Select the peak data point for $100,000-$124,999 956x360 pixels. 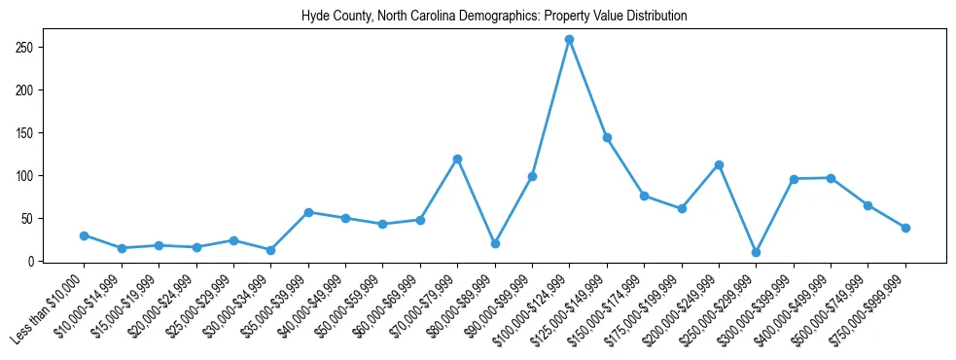pos(569,40)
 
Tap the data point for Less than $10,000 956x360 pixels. pos(84,235)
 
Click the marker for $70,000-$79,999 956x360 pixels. pos(457,159)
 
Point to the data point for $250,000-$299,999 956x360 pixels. pos(756,252)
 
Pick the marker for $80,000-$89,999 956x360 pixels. pos(495,243)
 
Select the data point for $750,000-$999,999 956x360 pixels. pos(905,228)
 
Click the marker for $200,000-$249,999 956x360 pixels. pos(719,164)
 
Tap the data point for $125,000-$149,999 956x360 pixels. pos(607,137)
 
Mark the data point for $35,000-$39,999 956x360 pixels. pos(308,212)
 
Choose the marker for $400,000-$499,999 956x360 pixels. pos(831,178)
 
